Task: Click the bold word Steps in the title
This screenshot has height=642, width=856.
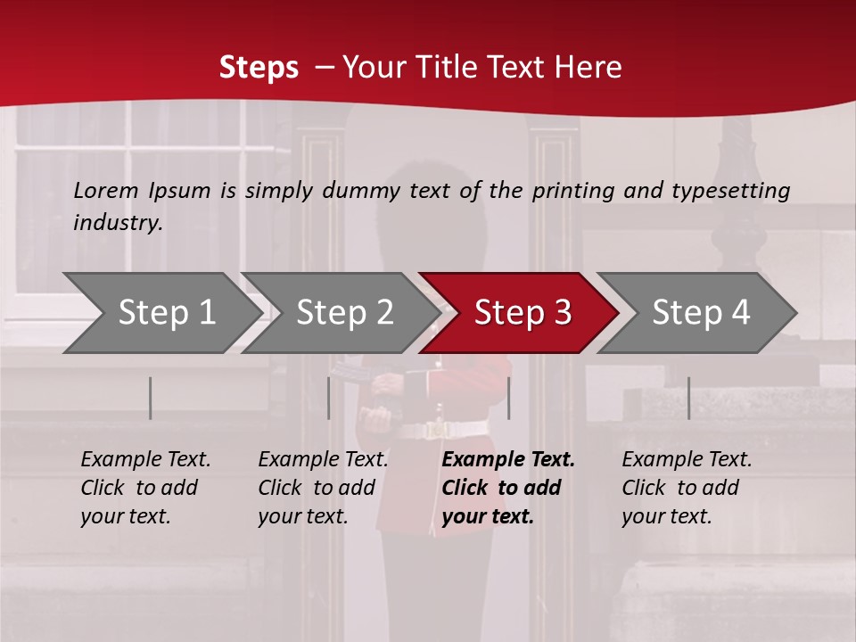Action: click(x=259, y=68)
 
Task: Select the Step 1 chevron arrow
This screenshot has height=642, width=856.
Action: click(x=166, y=313)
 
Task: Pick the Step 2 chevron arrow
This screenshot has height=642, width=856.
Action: click(x=344, y=313)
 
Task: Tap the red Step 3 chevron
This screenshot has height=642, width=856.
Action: click(x=523, y=313)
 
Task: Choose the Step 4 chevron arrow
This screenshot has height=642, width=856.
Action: click(x=701, y=313)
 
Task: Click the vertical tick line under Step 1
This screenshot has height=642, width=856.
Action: click(x=150, y=398)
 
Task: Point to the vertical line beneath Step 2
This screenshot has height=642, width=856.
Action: click(x=328, y=398)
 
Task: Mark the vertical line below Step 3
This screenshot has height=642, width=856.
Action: click(x=508, y=398)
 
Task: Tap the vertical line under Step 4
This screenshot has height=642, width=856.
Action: click(x=688, y=398)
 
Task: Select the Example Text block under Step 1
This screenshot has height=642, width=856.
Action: click(x=145, y=488)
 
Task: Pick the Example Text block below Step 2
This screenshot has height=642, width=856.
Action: click(x=323, y=488)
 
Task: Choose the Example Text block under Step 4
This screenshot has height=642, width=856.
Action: click(x=687, y=488)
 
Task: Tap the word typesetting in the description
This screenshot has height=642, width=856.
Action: click(x=730, y=191)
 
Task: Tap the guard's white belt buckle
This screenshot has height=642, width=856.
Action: click(x=438, y=430)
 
